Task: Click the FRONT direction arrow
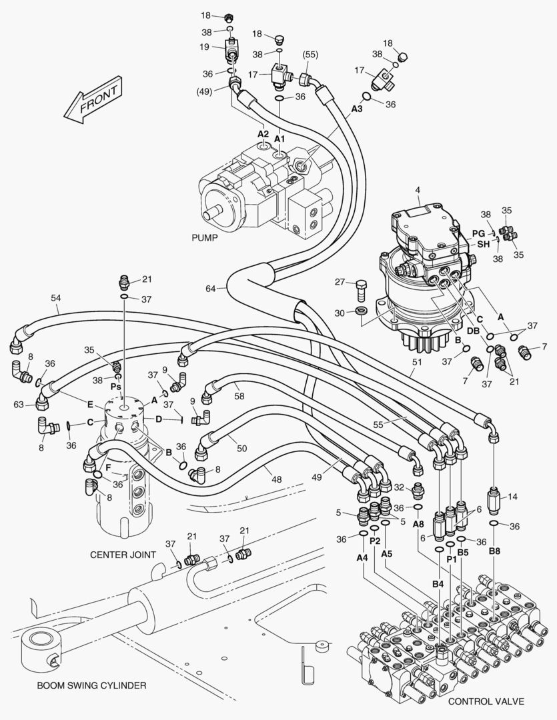point(93,103)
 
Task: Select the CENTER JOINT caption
point(123,554)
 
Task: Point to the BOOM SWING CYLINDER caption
point(91,685)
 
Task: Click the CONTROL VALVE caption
point(486,701)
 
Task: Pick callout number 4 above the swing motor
point(418,191)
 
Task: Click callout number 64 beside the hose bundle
point(210,289)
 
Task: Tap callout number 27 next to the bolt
point(340,282)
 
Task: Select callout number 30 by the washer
point(340,312)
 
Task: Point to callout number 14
point(512,497)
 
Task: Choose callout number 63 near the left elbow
point(19,404)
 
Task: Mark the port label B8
point(494,551)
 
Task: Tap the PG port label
point(478,233)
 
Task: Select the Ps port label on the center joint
point(115,386)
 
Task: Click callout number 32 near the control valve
point(399,487)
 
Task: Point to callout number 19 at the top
point(205,47)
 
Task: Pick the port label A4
point(362,557)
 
